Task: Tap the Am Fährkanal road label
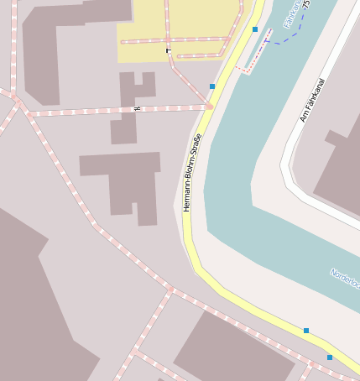[312, 101]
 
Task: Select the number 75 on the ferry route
[306, 4]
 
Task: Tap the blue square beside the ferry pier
[255, 29]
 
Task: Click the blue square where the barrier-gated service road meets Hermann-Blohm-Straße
[212, 86]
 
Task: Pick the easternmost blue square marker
[330, 358]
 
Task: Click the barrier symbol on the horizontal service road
[137, 109]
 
